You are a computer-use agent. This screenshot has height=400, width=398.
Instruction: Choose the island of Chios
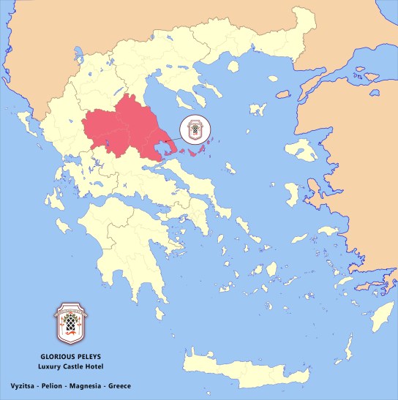(288, 195)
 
